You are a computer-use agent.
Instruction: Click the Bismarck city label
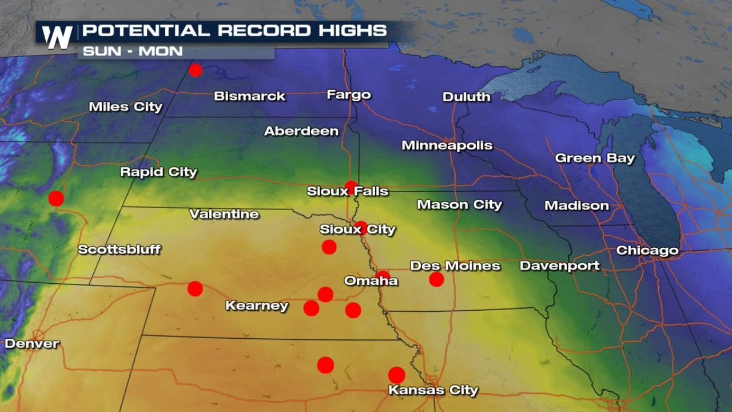tap(249, 96)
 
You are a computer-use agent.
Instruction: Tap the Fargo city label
tap(349, 95)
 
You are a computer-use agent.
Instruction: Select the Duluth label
tap(466, 97)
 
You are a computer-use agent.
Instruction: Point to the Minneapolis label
tap(447, 145)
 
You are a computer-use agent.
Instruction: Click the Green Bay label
tap(595, 159)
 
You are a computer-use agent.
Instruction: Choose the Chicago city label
tap(647, 251)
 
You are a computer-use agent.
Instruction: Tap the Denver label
tap(32, 344)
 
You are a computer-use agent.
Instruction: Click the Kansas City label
tap(433, 391)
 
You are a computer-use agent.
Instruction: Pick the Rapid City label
tap(158, 172)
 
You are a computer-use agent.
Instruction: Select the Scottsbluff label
tap(119, 249)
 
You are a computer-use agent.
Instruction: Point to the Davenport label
tap(559, 266)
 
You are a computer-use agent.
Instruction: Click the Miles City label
tap(125, 107)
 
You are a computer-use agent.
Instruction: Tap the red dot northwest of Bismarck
tap(196, 70)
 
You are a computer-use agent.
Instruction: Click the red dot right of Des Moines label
tap(436, 279)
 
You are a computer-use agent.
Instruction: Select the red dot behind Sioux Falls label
tap(351, 187)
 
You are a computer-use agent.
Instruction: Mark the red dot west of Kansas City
tap(325, 365)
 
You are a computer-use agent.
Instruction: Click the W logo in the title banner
tap(57, 38)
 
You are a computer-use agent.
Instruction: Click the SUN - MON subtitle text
tap(133, 51)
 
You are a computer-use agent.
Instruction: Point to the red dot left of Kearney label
tap(195, 288)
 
